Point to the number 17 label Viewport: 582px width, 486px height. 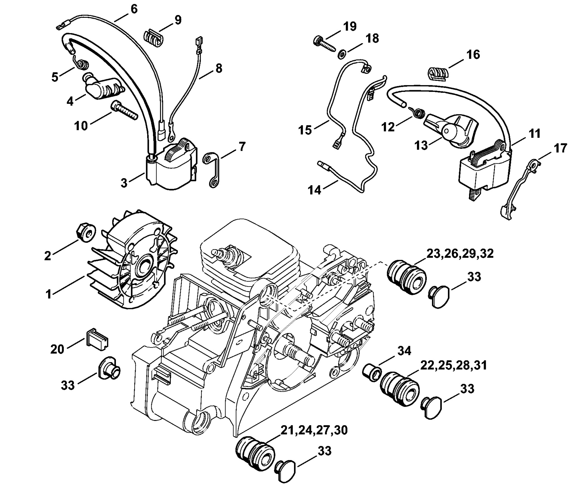560,148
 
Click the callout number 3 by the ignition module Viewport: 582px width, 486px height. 124,183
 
